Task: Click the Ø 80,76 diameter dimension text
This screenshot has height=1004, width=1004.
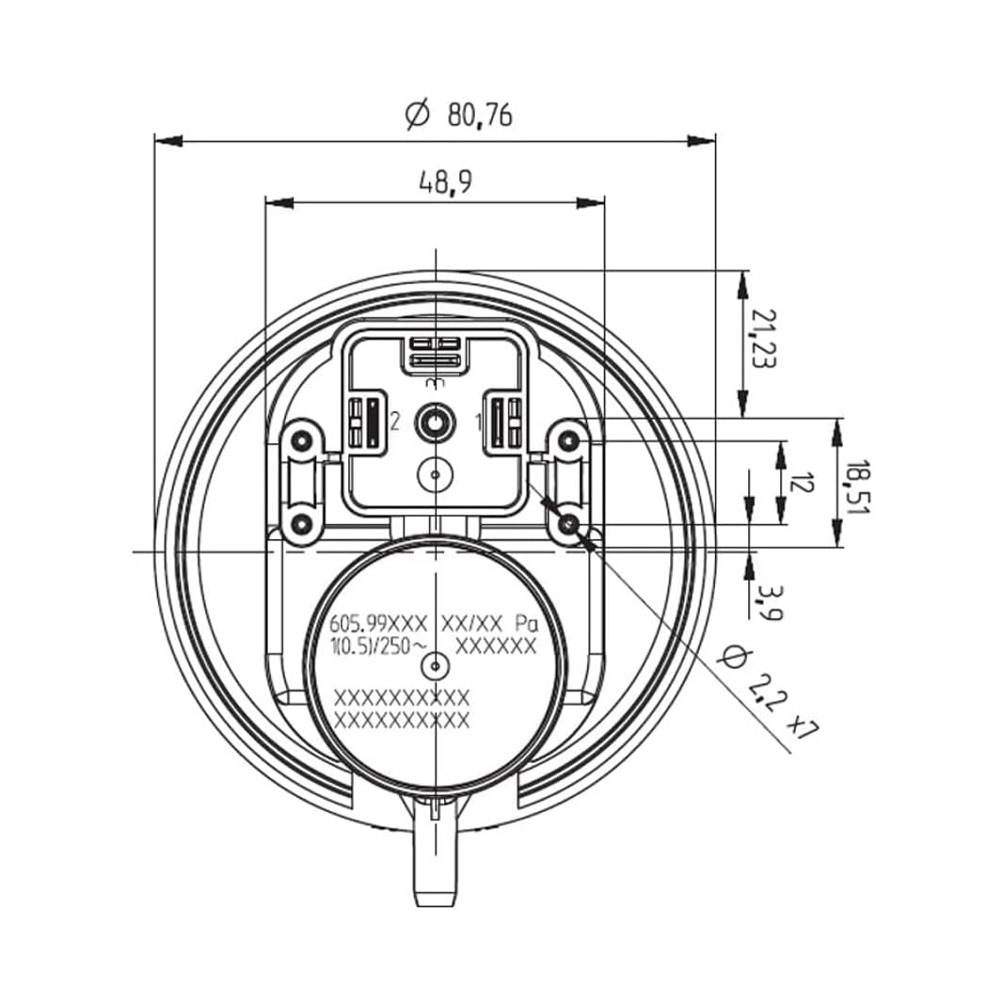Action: (459, 115)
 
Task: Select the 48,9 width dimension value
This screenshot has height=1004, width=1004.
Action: (444, 183)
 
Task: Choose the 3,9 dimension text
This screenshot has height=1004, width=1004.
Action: (768, 601)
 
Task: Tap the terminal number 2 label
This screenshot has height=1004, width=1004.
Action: (395, 422)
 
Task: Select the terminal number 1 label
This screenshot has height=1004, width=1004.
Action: (479, 422)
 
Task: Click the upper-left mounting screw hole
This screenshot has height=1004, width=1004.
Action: (301, 440)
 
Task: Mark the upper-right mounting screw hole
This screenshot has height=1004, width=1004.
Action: (569, 439)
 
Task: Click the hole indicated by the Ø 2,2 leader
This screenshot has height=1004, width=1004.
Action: (569, 523)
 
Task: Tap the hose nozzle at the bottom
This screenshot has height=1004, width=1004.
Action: (435, 856)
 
